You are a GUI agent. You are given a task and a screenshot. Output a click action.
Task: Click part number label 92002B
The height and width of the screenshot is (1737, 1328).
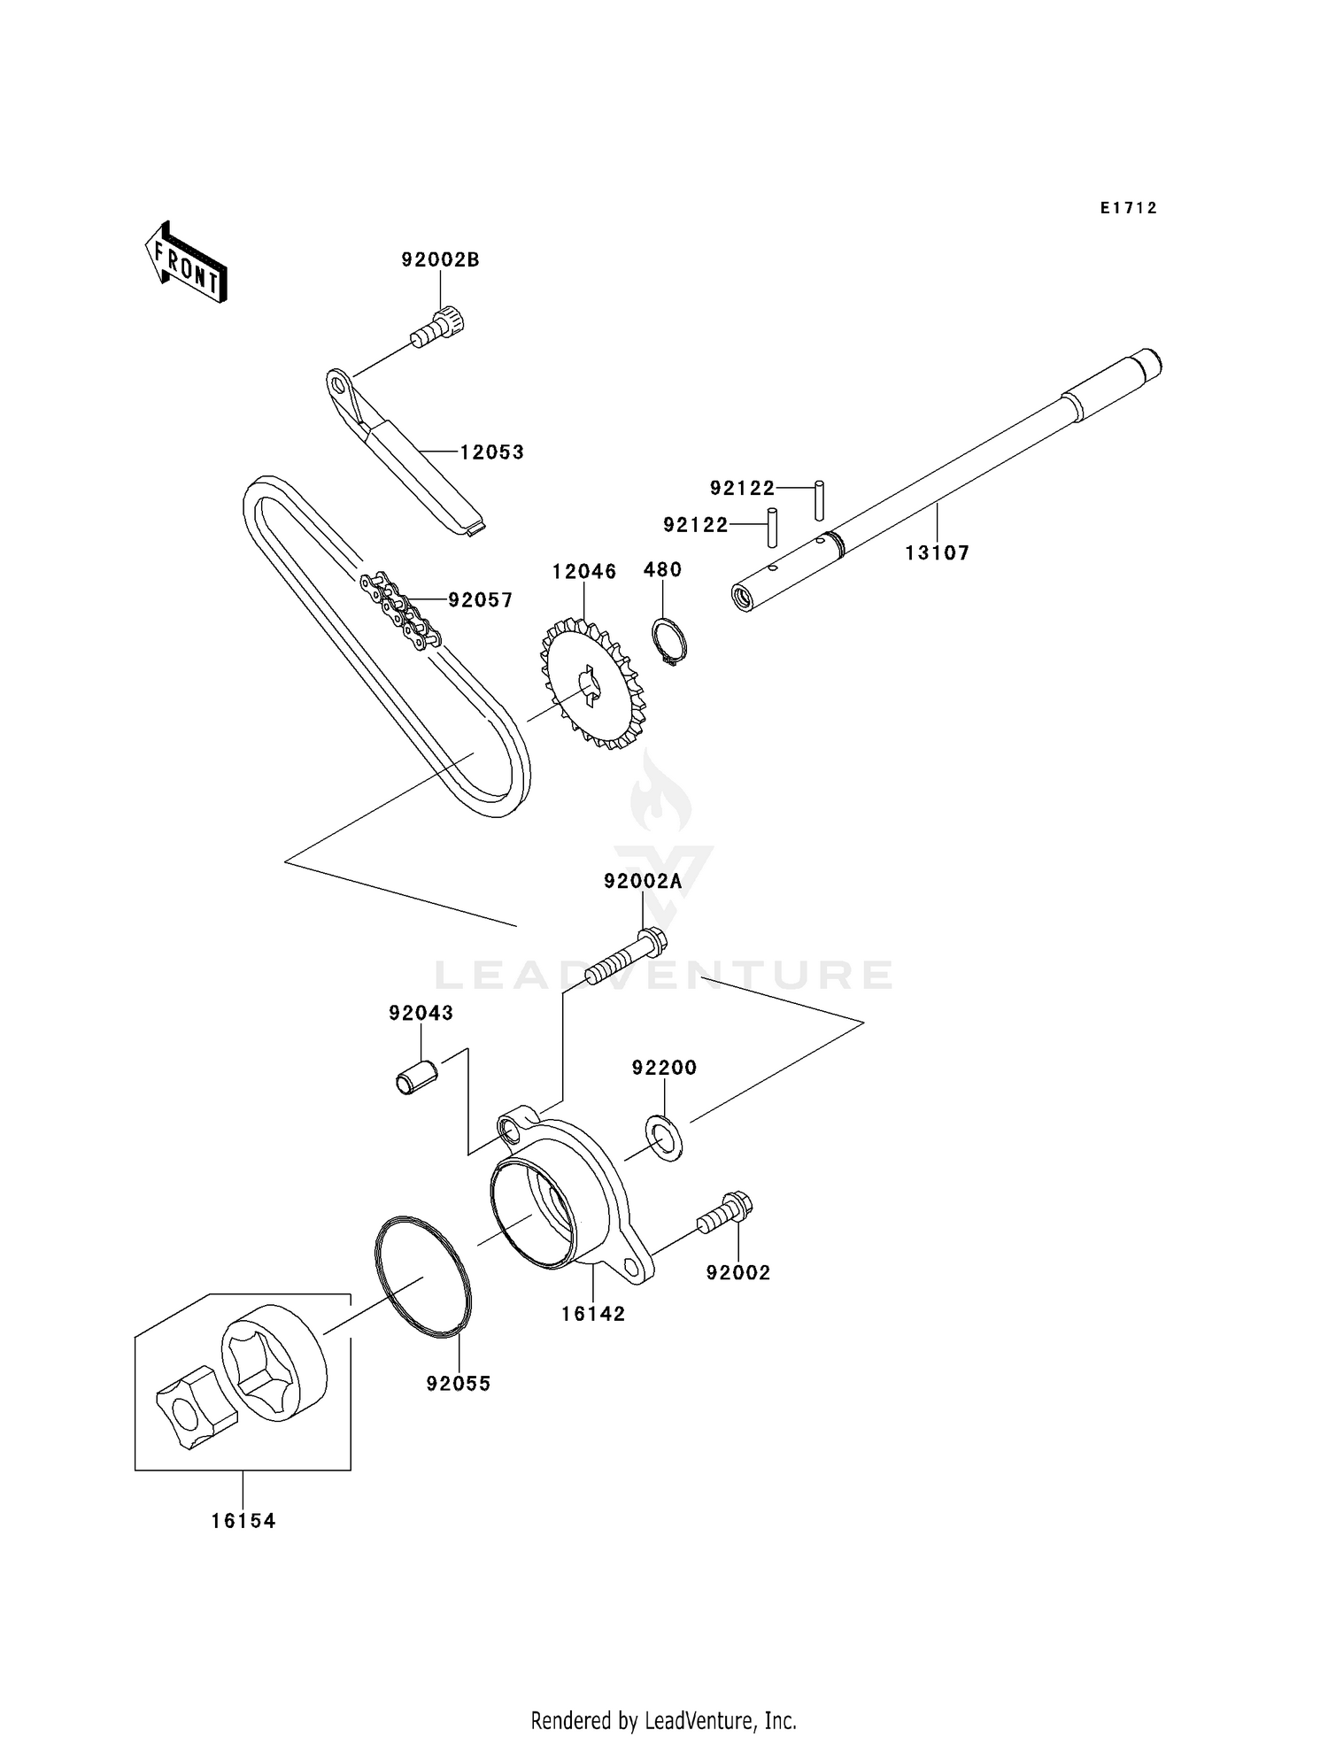[x=440, y=260]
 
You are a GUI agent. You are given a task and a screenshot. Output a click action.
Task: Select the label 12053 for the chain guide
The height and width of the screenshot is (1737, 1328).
[x=491, y=452]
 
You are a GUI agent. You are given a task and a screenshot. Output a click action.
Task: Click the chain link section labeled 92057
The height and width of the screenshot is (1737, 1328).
[x=400, y=609]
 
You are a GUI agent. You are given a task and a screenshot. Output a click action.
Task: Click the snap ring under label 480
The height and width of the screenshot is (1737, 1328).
[x=669, y=640]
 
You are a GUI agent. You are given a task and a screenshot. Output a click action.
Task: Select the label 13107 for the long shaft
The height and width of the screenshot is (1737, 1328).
[x=937, y=553]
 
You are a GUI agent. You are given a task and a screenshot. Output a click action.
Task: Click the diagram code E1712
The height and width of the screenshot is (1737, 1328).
[x=1129, y=208]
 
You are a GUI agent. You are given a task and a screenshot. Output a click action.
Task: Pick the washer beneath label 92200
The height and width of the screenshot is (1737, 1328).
[x=665, y=1139]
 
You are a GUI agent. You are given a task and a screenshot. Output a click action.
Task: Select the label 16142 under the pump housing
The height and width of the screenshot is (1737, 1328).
[x=592, y=1314]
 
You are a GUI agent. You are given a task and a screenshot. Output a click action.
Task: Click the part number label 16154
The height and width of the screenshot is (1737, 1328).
[x=243, y=1521]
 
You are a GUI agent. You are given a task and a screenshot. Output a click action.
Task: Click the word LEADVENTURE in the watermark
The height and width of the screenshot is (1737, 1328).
[x=664, y=975]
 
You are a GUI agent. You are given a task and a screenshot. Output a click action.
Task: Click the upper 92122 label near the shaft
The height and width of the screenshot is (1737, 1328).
[x=742, y=488]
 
